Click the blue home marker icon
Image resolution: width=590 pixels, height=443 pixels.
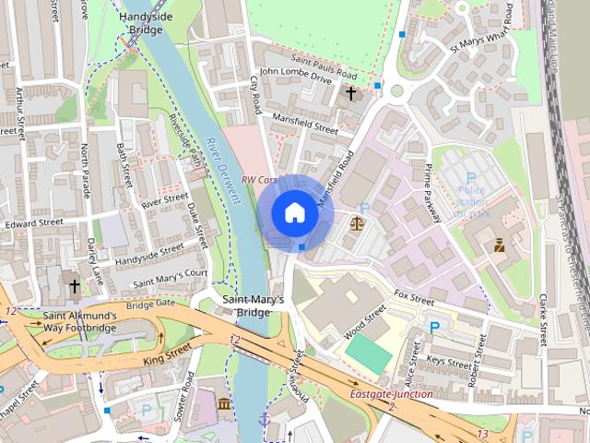tap(294, 212)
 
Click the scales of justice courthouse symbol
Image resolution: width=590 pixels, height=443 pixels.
tap(357, 222)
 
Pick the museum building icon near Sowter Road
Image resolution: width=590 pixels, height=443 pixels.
tap(225, 403)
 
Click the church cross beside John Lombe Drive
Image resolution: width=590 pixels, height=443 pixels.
tap(350, 93)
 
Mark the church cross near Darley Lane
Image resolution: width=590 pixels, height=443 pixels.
tap(74, 286)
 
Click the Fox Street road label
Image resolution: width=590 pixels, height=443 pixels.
tap(413, 298)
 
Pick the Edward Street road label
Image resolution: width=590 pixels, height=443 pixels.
tap(33, 222)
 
